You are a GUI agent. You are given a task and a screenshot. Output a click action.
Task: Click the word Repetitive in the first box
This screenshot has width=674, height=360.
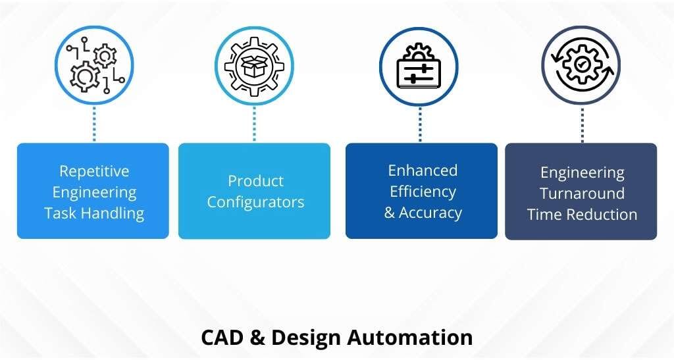point(94,172)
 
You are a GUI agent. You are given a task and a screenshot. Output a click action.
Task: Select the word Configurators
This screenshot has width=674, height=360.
point(255,202)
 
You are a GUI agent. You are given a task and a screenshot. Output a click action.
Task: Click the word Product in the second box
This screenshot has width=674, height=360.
point(255,181)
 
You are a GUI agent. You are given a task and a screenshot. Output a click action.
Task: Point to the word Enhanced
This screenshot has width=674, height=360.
point(423,170)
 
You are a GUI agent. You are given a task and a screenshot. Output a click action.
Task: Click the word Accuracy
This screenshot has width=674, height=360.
point(431,213)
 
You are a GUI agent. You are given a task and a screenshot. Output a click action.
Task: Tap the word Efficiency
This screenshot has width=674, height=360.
point(423,192)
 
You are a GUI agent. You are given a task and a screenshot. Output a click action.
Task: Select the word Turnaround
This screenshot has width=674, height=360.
point(582,193)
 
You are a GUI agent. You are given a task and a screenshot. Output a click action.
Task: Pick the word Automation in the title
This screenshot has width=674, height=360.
point(409,338)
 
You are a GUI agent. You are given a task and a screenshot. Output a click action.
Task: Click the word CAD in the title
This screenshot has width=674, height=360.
point(223,338)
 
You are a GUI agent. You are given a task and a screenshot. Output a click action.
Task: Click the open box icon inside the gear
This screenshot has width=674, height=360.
point(254,66)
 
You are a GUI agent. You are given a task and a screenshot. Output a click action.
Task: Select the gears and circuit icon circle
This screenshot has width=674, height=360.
point(94,66)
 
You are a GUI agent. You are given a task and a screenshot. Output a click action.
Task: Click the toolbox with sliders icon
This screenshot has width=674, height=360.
point(419,67)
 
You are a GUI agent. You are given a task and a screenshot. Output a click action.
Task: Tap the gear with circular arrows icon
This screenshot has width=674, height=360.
point(581,65)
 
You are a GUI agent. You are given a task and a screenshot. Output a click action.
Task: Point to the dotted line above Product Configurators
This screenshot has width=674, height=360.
point(254,123)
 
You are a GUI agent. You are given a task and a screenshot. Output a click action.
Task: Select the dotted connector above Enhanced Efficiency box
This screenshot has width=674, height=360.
point(420,124)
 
